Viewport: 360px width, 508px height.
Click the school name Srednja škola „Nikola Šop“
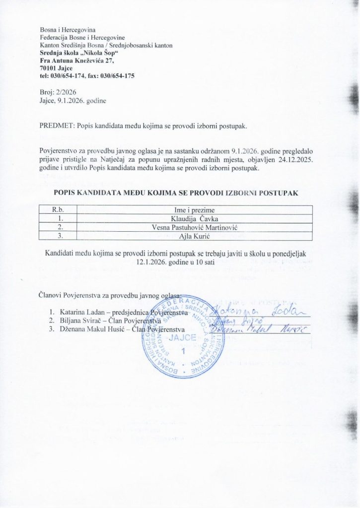click(79, 53)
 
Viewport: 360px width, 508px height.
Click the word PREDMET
click(57, 126)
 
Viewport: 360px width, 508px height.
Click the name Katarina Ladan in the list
click(78, 313)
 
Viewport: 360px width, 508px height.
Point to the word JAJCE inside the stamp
click(186, 340)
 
